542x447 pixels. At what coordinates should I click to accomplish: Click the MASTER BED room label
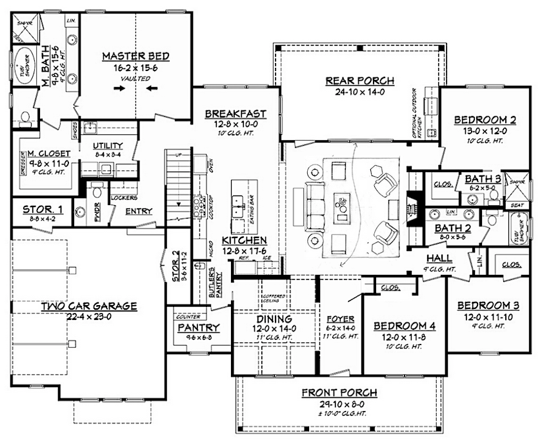132,56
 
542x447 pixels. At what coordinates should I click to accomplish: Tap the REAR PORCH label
359,81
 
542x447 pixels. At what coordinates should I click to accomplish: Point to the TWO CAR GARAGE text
89,306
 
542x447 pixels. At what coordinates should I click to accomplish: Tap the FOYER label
340,319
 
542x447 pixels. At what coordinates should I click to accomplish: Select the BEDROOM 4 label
405,326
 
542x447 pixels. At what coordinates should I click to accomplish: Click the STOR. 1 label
42,209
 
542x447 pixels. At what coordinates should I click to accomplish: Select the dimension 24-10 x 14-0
359,92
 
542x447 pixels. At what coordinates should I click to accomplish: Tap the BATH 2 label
451,228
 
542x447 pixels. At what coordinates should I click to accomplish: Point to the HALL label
443,257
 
